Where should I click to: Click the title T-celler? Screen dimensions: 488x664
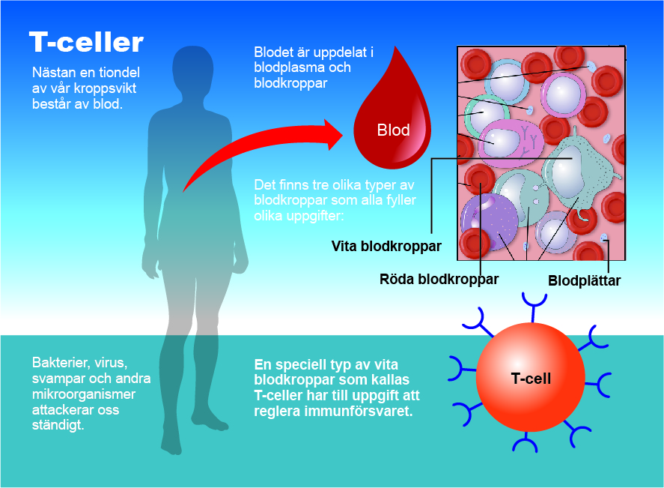(x=85, y=43)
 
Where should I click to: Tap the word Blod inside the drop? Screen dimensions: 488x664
(x=393, y=130)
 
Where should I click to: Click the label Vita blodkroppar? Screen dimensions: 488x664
(x=386, y=245)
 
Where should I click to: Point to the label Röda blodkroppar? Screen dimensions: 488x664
(x=439, y=279)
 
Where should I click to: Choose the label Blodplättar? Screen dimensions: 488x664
(x=584, y=282)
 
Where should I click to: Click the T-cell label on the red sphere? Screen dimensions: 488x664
(x=531, y=379)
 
